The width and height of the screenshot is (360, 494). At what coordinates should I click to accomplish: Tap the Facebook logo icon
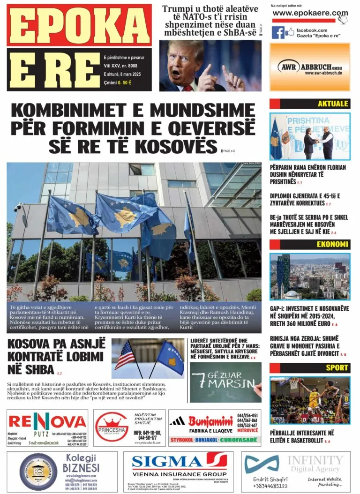point(278,32)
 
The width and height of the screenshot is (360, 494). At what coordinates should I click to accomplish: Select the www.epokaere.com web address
point(310,13)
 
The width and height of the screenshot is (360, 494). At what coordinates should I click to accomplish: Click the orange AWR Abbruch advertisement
point(310,67)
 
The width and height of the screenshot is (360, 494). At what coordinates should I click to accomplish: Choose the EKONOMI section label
point(332,244)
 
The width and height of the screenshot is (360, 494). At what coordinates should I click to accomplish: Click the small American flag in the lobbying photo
point(125,355)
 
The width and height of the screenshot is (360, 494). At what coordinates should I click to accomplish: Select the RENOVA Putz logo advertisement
point(47,422)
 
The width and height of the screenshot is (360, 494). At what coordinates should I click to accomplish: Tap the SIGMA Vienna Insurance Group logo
point(179,461)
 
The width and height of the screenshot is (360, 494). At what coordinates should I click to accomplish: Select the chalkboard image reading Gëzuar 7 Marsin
point(225,382)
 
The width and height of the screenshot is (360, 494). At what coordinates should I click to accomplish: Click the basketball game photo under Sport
point(310,400)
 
